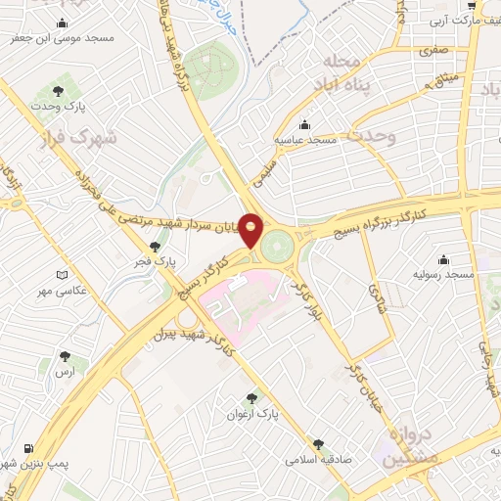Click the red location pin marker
[251, 231]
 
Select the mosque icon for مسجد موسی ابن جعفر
[64, 23]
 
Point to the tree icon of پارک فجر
[154, 247]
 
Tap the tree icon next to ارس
[65, 357]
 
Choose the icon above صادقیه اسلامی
[317, 443]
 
